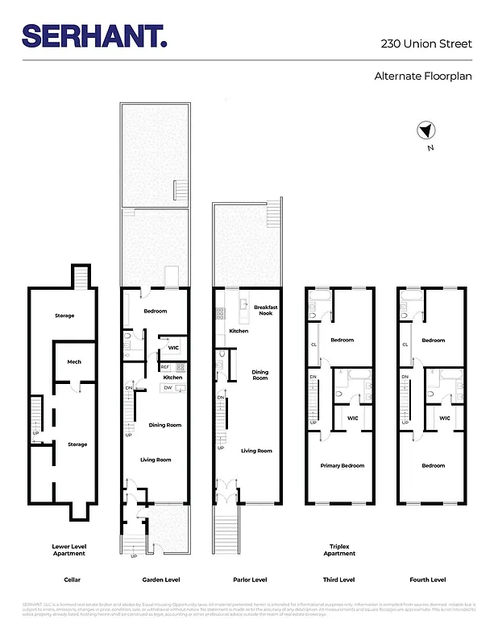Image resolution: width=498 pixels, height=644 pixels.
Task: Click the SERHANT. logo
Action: (x=95, y=36)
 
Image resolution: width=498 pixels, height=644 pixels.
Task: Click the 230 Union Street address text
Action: (x=426, y=43)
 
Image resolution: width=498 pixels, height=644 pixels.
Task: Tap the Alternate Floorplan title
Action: (x=423, y=77)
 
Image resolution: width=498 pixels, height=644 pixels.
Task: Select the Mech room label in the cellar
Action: (x=74, y=361)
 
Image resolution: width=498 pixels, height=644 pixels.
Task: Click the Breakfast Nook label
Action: (x=265, y=309)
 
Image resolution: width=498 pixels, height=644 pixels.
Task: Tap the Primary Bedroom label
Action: (x=342, y=465)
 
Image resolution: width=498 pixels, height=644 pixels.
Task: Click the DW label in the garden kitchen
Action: (x=168, y=387)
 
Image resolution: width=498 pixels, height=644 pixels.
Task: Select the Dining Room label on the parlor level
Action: (x=259, y=374)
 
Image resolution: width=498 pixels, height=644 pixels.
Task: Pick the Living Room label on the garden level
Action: (x=156, y=459)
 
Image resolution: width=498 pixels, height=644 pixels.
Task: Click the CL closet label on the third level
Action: (x=313, y=344)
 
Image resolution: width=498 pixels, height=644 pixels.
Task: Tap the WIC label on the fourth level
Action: (x=443, y=417)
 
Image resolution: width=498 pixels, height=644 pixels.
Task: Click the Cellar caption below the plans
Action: (x=73, y=580)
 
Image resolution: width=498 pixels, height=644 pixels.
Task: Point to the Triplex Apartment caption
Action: (x=339, y=549)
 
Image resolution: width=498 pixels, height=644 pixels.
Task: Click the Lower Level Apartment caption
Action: (x=68, y=549)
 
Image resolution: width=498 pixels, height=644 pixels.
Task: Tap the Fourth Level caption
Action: (x=426, y=580)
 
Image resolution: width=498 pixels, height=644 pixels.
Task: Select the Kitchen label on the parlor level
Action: (x=239, y=331)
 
